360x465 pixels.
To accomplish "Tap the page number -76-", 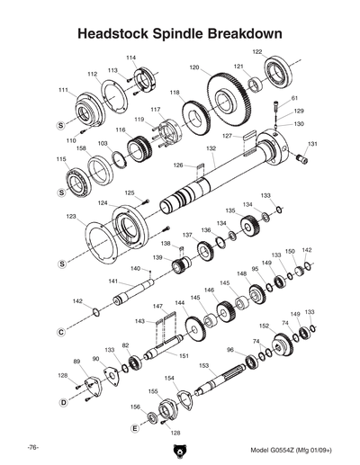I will tap(31, 447).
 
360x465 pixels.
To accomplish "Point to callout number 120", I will tap(193, 67).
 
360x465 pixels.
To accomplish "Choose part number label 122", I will tap(257, 52).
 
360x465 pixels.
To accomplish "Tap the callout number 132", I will tap(211, 148).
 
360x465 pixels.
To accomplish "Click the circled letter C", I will tap(61, 333).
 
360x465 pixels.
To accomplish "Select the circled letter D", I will tap(63, 403).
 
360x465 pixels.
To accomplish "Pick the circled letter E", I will tap(134, 428).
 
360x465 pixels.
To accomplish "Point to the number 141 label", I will tap(114, 282).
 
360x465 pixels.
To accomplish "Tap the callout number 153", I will tap(204, 365).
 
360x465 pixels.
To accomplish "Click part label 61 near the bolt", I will tap(294, 98).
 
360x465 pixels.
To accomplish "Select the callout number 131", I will tap(312, 144).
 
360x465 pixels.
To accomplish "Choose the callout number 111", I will tap(63, 90).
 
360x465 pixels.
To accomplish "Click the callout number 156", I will tap(135, 407).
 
